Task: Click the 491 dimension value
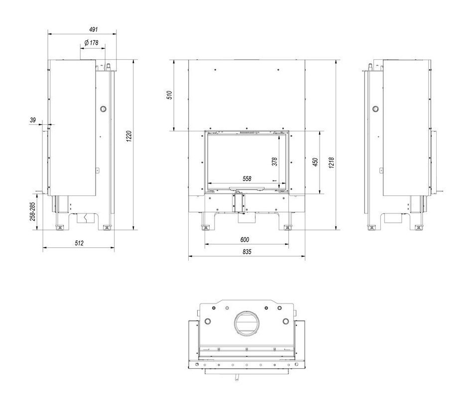click(94, 29)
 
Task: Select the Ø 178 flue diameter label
click(92, 43)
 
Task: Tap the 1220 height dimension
click(129, 136)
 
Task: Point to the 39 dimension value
click(33, 120)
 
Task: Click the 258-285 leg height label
click(32, 211)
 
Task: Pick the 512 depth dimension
click(79, 243)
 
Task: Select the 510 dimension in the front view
click(169, 95)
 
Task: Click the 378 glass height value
click(274, 162)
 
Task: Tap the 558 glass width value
click(247, 179)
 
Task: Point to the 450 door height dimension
click(315, 162)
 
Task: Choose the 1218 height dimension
click(332, 163)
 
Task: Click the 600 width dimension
click(245, 239)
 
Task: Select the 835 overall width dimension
click(247, 252)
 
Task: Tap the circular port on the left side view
click(103, 108)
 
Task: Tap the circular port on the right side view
click(375, 108)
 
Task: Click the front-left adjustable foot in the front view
click(206, 227)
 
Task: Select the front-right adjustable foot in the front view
click(287, 227)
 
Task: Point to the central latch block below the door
click(238, 203)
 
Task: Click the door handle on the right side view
click(440, 192)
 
